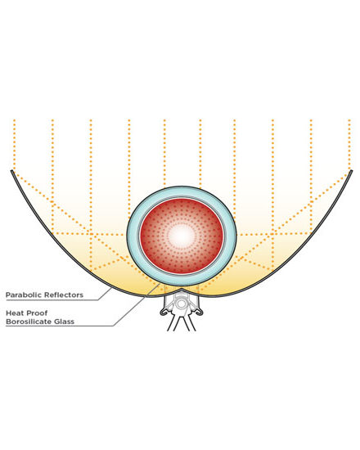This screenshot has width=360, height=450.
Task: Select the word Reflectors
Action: click(x=64, y=295)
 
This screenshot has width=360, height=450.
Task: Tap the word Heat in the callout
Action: click(x=15, y=313)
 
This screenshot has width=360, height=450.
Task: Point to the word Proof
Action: click(x=37, y=313)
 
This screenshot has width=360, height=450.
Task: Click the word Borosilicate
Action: click(x=28, y=322)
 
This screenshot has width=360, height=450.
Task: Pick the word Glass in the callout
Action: click(x=64, y=322)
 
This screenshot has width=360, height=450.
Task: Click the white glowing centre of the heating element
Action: click(x=182, y=236)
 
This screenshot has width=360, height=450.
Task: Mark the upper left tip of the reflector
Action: click(x=11, y=171)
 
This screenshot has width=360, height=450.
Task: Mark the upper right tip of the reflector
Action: click(x=351, y=171)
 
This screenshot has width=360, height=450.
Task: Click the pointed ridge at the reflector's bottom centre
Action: click(x=181, y=290)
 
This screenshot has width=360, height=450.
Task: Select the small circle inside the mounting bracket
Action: click(x=182, y=304)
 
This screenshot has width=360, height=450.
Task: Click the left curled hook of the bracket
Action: click(x=164, y=312)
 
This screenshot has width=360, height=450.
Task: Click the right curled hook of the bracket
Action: click(x=200, y=312)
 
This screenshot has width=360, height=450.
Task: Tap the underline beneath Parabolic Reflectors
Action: click(x=52, y=300)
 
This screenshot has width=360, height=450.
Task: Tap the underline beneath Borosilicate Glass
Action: click(x=60, y=326)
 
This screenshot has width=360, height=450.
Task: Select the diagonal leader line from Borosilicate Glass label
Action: click(x=137, y=304)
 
